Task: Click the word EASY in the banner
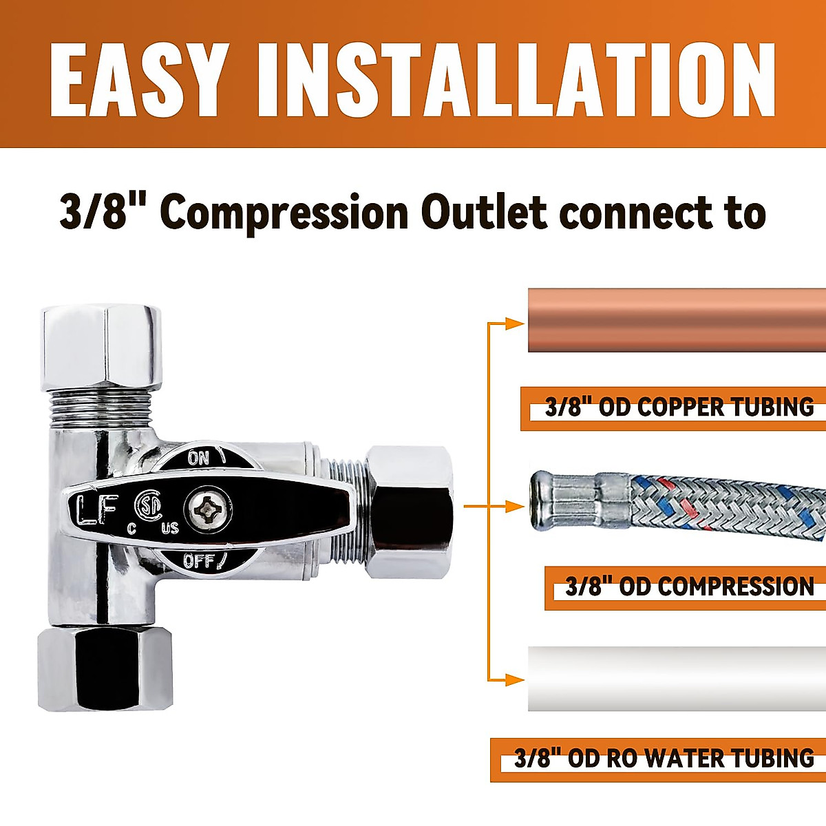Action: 138,81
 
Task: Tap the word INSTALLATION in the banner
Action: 516,81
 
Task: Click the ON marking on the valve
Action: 199,458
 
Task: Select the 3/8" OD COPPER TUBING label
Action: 679,407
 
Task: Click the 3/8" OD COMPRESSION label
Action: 689,587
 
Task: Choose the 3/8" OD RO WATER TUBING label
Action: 664,759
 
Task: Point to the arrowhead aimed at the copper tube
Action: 514,323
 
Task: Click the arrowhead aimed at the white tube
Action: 514,680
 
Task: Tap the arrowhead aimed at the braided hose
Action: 514,507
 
